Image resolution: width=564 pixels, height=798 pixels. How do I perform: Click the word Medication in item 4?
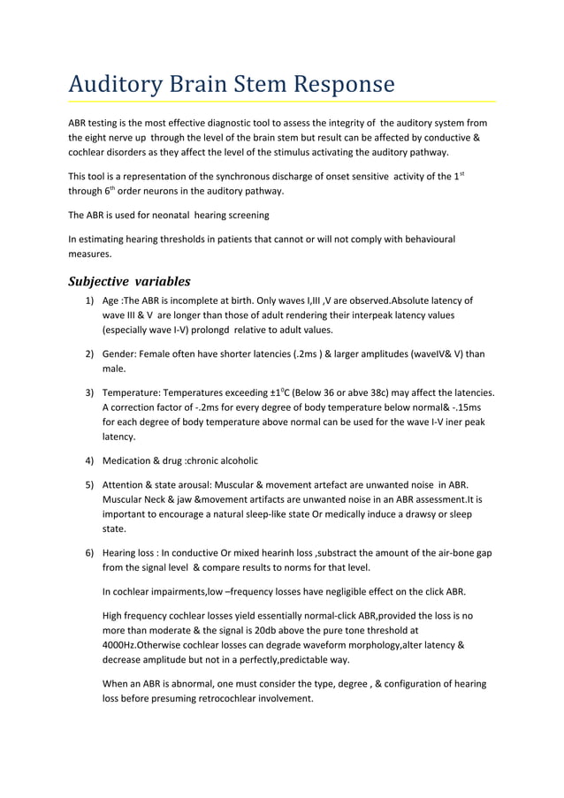tap(132, 460)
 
